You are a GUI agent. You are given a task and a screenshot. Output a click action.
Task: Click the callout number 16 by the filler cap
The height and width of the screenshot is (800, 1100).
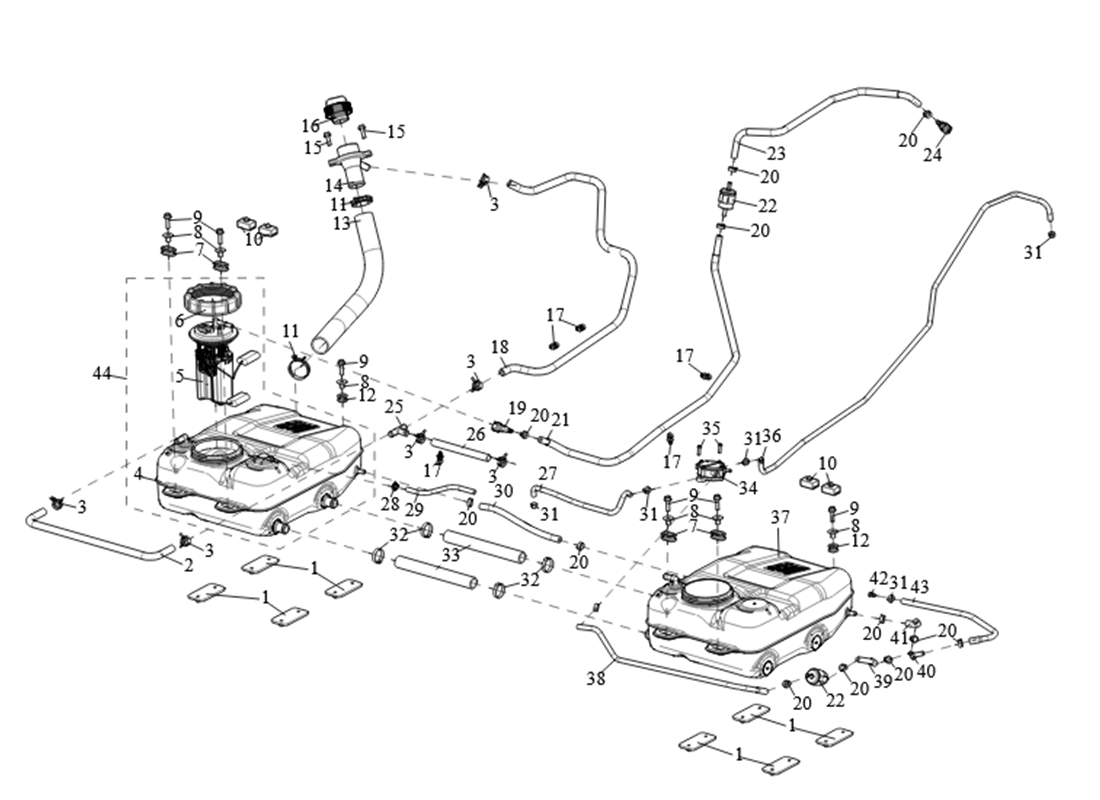tap(310, 126)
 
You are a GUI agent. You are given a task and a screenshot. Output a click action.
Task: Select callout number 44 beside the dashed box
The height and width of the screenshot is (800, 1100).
tap(102, 375)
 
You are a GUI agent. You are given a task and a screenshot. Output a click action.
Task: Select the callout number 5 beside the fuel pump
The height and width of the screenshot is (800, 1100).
tap(180, 378)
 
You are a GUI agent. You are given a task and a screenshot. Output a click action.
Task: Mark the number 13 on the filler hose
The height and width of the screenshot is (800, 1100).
tap(342, 223)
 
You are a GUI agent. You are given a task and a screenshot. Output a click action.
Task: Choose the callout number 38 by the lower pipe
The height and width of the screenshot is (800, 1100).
tap(596, 678)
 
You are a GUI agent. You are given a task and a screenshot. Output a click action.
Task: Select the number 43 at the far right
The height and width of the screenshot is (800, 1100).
tap(919, 586)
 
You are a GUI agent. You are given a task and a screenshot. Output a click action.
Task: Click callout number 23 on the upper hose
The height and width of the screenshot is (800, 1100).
tap(777, 154)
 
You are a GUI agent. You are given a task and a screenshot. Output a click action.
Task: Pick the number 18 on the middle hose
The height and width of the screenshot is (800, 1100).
tap(499, 346)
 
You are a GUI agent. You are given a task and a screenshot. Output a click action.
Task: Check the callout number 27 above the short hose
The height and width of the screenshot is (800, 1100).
tap(547, 472)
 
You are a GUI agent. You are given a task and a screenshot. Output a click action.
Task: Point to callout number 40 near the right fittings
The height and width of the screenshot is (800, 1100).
tap(926, 671)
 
